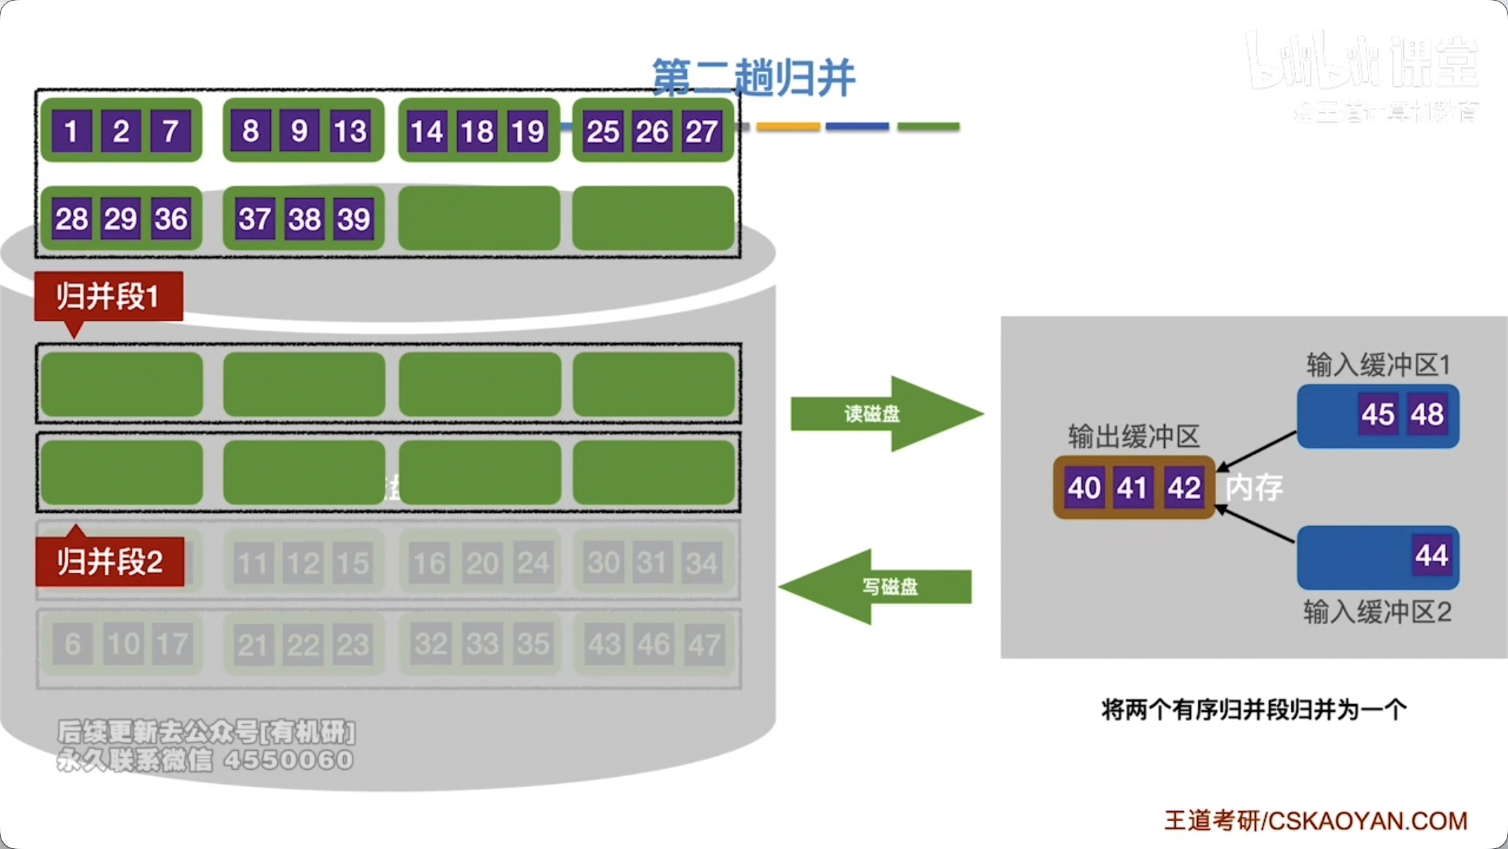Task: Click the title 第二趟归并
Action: pos(753,77)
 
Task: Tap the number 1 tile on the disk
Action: pos(71,131)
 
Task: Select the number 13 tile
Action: pos(350,131)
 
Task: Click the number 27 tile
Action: pos(701,131)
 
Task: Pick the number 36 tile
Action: pos(171,219)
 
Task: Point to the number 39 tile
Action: pos(354,219)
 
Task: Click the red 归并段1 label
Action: pos(109,296)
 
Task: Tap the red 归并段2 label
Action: pos(110,561)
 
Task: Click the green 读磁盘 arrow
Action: pos(885,414)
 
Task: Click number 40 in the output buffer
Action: pos(1084,488)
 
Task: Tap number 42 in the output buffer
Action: pos(1184,488)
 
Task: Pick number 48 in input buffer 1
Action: pos(1427,414)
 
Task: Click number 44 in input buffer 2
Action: pos(1431,555)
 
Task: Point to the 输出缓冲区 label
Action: pos(1133,436)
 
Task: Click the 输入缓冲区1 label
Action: pos(1378,364)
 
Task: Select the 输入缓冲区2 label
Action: pos(1377,612)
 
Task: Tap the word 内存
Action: pos(1254,488)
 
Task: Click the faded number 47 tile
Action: pos(704,644)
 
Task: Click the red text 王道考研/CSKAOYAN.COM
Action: pos(1315,820)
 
